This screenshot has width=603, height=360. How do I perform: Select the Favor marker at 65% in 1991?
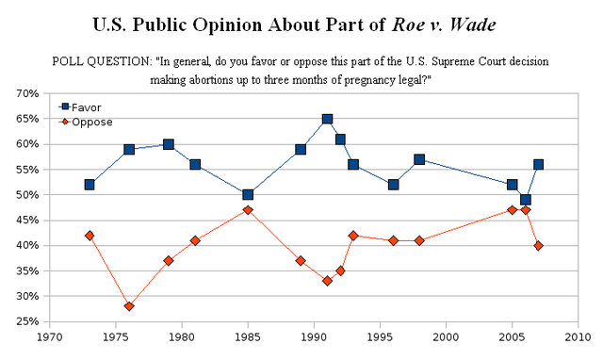pyautogui.click(x=327, y=119)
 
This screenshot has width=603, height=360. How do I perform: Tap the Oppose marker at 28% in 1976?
pyautogui.click(x=129, y=306)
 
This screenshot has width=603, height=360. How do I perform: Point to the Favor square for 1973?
pyautogui.click(x=90, y=185)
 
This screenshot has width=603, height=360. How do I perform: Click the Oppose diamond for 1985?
pyautogui.click(x=248, y=210)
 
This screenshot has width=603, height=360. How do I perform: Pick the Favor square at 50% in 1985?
pyautogui.click(x=248, y=195)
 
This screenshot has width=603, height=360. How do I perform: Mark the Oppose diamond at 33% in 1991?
pyautogui.click(x=327, y=281)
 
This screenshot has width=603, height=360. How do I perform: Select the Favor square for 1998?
pyautogui.click(x=419, y=159)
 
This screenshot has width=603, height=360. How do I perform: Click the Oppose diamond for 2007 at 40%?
pyautogui.click(x=538, y=245)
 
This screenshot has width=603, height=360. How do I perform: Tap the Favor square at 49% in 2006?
pyautogui.click(x=525, y=200)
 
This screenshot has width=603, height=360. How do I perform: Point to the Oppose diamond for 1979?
pyautogui.click(x=169, y=261)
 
